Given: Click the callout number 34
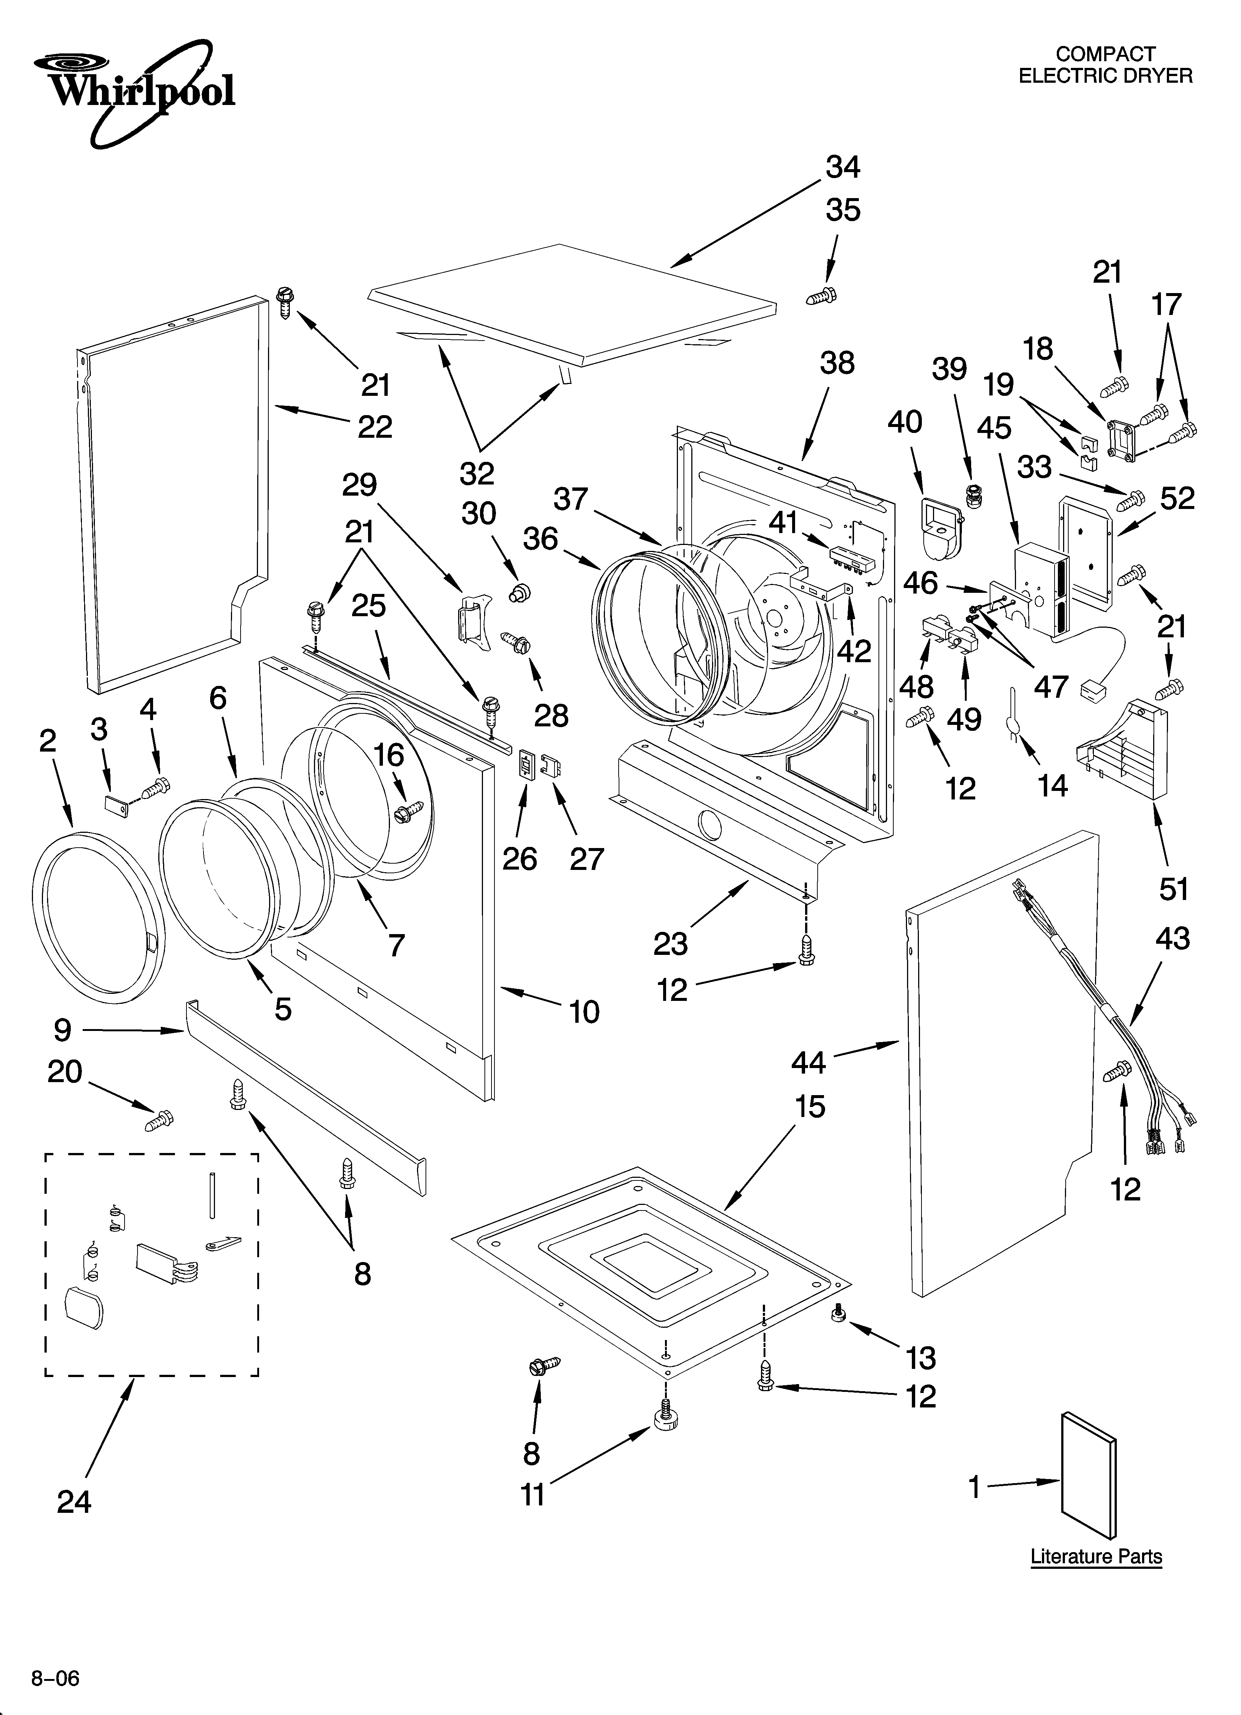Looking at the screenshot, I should coord(843,167).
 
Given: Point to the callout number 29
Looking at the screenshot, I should coord(360,485).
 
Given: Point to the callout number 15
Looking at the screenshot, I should coord(810,1106).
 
